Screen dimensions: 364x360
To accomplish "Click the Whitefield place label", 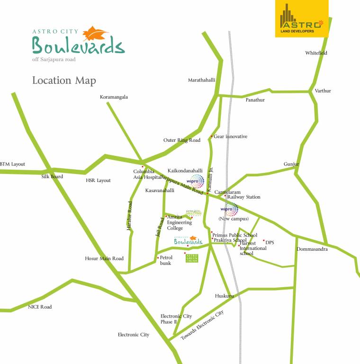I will click(x=316, y=53).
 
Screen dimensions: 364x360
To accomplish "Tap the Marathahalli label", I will click(x=201, y=80).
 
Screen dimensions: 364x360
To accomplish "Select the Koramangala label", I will click(x=114, y=97).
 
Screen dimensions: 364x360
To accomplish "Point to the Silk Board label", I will click(x=52, y=176).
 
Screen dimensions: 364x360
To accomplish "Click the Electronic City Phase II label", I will click(x=176, y=319).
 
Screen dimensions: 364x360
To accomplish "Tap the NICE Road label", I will click(x=40, y=307).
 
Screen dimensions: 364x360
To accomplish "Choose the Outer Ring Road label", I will click(x=182, y=140).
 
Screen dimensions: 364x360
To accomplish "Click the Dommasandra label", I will click(x=312, y=249).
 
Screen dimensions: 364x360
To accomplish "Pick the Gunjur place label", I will click(x=291, y=164).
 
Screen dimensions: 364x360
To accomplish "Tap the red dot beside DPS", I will click(x=264, y=240).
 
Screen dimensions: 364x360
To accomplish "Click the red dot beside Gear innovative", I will click(x=212, y=136).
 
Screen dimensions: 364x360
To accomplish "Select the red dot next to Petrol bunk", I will click(x=158, y=258).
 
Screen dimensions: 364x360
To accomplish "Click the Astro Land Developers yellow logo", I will click(x=302, y=19).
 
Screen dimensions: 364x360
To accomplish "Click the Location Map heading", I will click(x=64, y=81).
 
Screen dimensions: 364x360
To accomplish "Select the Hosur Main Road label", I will click(x=104, y=258).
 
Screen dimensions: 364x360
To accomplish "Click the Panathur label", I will click(x=255, y=100).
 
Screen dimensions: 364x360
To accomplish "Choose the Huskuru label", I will click(x=225, y=296).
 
